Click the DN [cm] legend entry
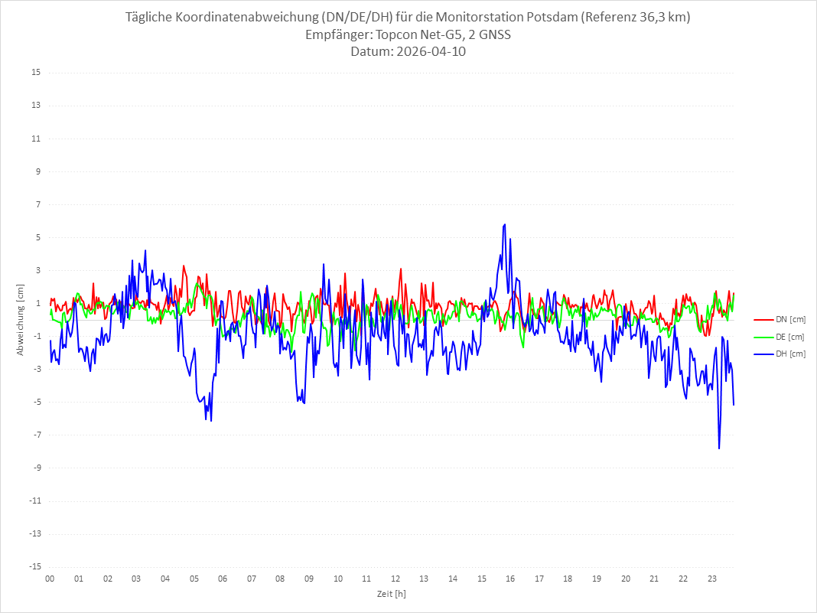click(780, 320)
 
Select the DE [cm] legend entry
click(779, 337)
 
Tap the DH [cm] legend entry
click(780, 354)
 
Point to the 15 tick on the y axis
click(36, 73)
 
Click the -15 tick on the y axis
click(34, 566)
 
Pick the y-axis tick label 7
click(38, 204)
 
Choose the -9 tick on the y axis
click(36, 468)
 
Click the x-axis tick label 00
click(50, 579)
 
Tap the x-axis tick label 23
click(711, 579)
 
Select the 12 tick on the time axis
click(395, 579)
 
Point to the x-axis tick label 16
click(510, 579)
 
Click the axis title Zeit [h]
click(392, 594)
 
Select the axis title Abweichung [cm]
click(21, 320)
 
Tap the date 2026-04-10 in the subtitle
click(431, 51)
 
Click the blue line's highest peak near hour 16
click(504, 225)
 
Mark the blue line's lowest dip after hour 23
click(719, 448)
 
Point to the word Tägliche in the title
click(149, 17)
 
